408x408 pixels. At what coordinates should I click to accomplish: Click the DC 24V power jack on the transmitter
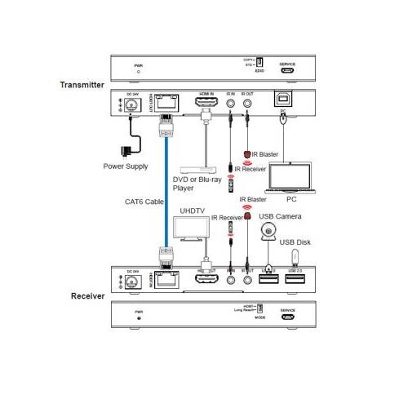(x=129, y=105)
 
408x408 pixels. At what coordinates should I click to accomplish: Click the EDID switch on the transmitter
(x=260, y=62)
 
